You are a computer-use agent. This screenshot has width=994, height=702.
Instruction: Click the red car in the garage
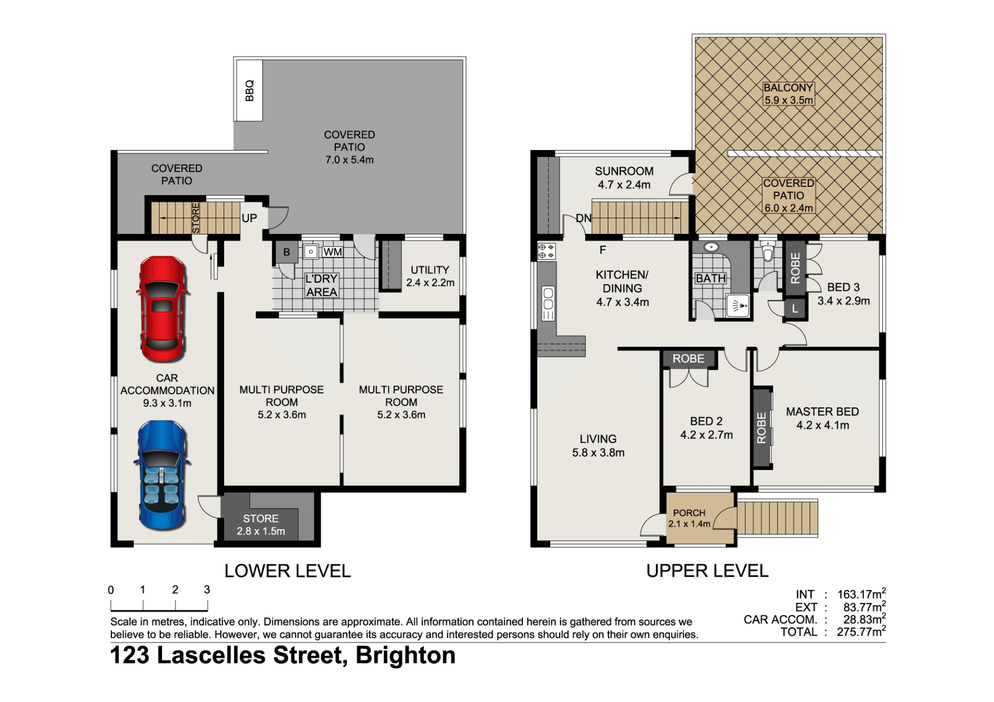[162, 309]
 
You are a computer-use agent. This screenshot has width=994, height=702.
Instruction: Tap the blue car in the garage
[162, 475]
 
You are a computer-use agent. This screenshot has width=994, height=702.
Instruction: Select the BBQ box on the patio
[250, 91]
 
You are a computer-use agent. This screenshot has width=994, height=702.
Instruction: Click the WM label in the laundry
[332, 252]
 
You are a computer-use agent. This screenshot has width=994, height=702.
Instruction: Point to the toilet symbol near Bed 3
[768, 251]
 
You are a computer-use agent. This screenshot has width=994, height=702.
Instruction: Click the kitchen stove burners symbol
[546, 251]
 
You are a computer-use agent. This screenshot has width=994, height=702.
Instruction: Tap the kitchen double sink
[548, 303]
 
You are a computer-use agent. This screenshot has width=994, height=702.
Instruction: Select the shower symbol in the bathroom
[739, 305]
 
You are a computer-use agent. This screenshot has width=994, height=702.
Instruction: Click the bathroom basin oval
[711, 247]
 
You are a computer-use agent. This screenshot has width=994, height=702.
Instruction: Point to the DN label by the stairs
[583, 218]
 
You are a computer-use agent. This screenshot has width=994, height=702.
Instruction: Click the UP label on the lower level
[249, 218]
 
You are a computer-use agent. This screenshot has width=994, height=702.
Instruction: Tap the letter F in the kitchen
[603, 250]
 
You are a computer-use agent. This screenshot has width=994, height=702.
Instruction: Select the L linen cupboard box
[795, 309]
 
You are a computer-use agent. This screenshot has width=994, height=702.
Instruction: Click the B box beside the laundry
[286, 252]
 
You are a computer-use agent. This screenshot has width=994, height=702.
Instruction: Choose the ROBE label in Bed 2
[688, 359]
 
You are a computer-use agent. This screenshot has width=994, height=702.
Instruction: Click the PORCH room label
[689, 513]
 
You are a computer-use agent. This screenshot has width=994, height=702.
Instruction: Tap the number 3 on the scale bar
[207, 590]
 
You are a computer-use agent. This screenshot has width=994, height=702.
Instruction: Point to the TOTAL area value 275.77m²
[861, 632]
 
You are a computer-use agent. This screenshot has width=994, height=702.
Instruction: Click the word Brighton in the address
[405, 656]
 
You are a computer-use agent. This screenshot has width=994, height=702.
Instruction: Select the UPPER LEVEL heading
[707, 571]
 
